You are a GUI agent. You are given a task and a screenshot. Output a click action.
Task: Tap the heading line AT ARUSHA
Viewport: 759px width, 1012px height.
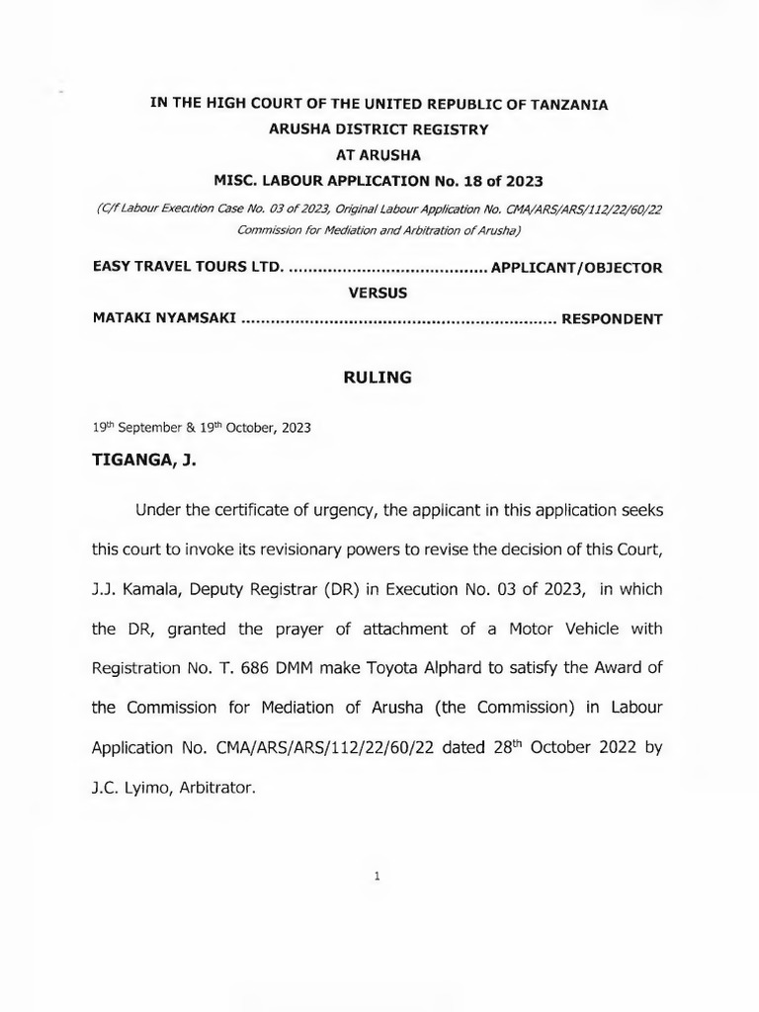[x=379, y=155]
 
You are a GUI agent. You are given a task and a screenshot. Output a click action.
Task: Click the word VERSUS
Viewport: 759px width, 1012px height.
[x=379, y=294]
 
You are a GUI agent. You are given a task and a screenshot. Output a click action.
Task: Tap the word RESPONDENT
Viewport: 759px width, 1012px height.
[x=612, y=319]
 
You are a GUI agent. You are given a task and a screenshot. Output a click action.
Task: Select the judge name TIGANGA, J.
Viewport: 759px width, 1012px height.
[x=144, y=460]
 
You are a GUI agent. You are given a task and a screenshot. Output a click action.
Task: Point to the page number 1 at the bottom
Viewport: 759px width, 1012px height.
[x=378, y=876]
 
